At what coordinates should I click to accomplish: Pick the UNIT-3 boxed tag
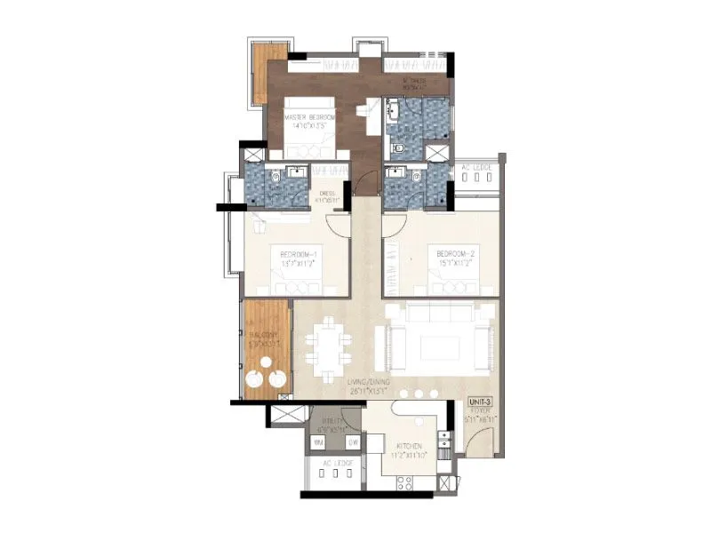tap(480, 402)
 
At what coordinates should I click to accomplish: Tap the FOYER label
tap(480, 411)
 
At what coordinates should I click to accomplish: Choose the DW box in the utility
tap(352, 442)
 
